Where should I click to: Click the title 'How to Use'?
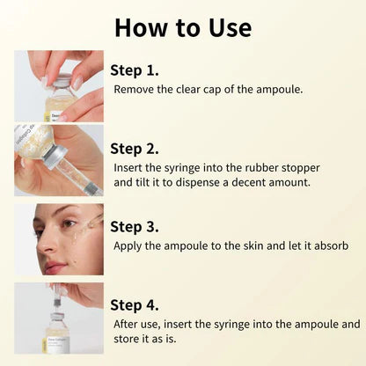[x=182, y=26]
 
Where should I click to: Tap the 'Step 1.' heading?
[x=135, y=70]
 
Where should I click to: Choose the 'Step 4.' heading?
[x=136, y=304]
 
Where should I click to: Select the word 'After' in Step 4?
[x=128, y=324]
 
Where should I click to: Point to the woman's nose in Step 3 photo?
[x=51, y=246]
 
